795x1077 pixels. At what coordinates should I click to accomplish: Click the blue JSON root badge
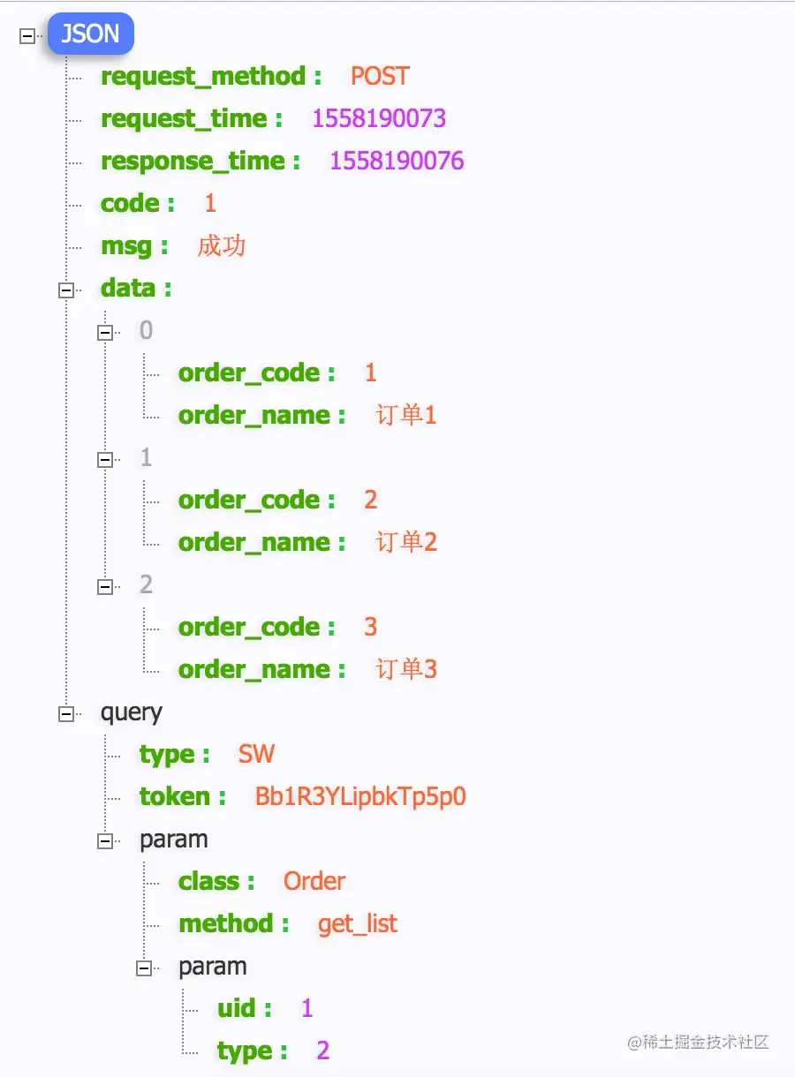click(x=90, y=34)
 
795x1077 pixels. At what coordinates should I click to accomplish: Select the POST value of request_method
click(x=380, y=76)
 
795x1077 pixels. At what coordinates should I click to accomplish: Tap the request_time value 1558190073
click(x=379, y=118)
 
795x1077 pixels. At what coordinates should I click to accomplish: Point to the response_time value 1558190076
click(x=397, y=161)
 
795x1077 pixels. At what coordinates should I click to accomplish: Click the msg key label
click(x=126, y=246)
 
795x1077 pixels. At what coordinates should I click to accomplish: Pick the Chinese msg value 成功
click(x=222, y=245)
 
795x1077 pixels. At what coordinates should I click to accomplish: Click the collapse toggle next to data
click(x=66, y=290)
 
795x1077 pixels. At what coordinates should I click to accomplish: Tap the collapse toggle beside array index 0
click(x=105, y=332)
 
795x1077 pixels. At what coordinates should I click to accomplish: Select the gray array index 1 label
click(x=147, y=457)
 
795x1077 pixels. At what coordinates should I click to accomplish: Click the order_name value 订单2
click(x=406, y=542)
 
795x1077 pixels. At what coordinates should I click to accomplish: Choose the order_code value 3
click(x=370, y=627)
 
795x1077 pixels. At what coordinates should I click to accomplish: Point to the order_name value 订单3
click(x=406, y=669)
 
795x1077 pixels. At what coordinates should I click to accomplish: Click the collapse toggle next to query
click(x=66, y=714)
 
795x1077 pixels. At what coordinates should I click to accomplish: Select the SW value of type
click(x=256, y=753)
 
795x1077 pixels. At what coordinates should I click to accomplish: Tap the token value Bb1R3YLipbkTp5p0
click(x=360, y=796)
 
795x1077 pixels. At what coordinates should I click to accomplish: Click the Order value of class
click(x=314, y=881)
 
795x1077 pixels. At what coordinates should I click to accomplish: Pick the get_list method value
click(x=358, y=923)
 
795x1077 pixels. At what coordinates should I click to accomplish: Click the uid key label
click(x=236, y=1008)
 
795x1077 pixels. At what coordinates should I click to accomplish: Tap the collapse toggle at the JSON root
click(x=27, y=35)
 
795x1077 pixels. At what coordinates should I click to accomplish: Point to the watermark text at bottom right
click(x=698, y=1042)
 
